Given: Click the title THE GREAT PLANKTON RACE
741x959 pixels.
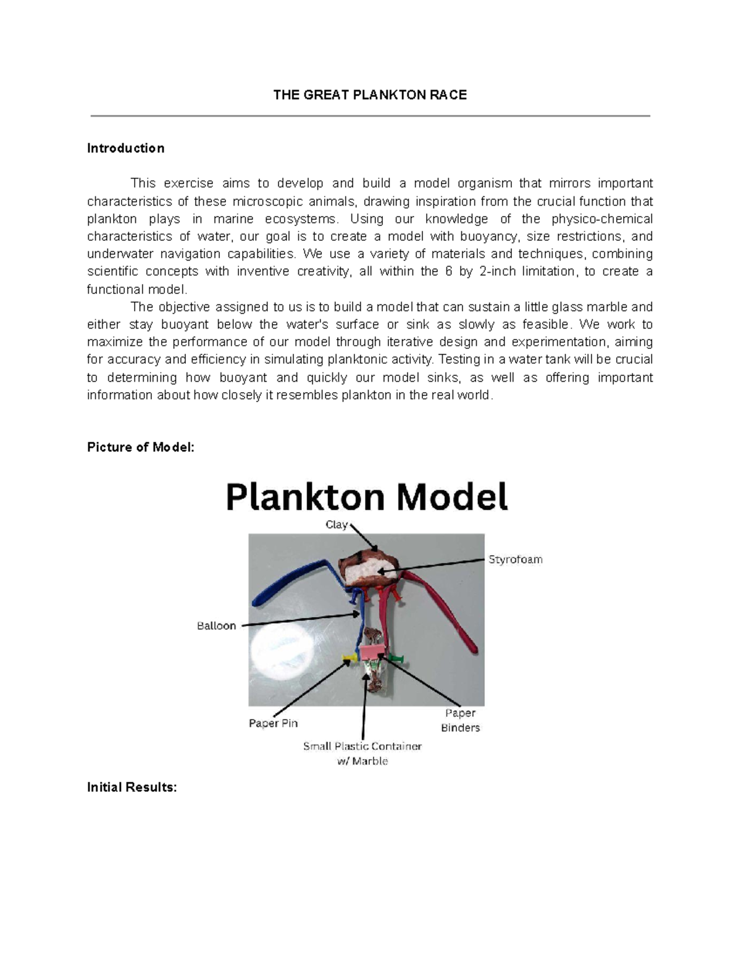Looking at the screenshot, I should point(370,95).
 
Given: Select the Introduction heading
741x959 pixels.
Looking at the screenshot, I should point(125,148).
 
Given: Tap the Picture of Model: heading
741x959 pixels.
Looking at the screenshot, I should point(141,447).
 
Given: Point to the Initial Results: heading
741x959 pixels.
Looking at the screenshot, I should point(132,787).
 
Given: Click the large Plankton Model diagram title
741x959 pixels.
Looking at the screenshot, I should point(367,497).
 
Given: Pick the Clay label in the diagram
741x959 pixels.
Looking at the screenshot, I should point(337,525).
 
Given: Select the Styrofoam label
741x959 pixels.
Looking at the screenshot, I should point(515,559).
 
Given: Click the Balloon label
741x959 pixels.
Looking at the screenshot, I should point(216,626).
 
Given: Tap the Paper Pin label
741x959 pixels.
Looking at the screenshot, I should point(273,723).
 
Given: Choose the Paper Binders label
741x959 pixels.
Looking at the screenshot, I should point(460,721).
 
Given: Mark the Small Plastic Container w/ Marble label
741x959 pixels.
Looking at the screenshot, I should point(362,753).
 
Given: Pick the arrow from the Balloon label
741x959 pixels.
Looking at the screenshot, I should point(299,619).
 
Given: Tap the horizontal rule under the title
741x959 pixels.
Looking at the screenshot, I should point(370,115).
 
